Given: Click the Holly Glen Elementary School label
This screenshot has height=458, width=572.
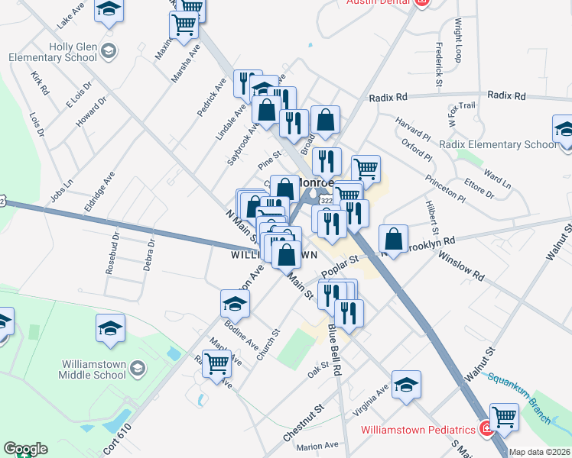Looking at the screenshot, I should click(x=52, y=52).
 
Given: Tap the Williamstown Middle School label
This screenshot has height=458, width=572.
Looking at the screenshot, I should click(x=92, y=369).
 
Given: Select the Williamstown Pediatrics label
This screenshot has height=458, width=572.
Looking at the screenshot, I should click(x=421, y=428).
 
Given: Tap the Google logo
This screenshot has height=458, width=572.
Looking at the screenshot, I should click(x=24, y=449).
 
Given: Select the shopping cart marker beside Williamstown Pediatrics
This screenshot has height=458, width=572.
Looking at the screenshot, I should click(x=505, y=418).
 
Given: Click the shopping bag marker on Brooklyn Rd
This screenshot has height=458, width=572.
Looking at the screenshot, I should click(x=393, y=238).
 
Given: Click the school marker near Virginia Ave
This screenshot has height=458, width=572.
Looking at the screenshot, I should click(x=407, y=384).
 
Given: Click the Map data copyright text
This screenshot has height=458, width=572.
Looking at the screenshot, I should click(x=539, y=452).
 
